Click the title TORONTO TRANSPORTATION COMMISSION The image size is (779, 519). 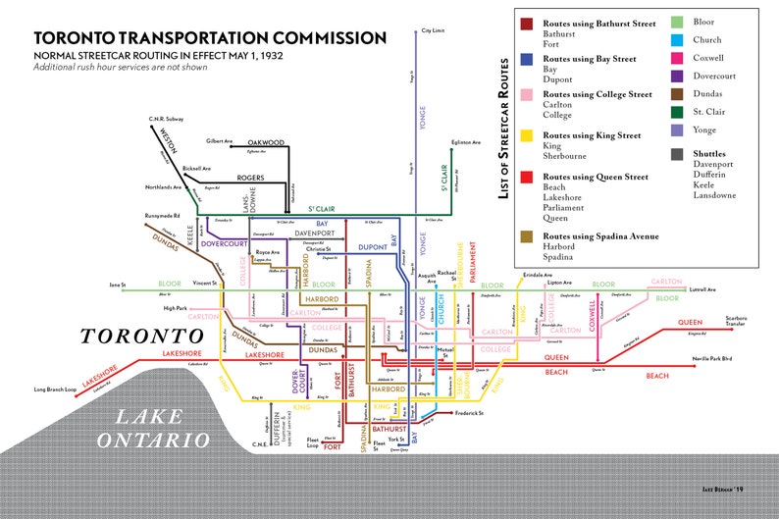coord(210,38)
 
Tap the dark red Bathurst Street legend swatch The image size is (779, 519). coord(527,24)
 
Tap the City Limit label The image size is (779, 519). coord(433,30)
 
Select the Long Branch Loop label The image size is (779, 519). coord(54,389)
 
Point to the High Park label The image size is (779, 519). coord(175,309)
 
